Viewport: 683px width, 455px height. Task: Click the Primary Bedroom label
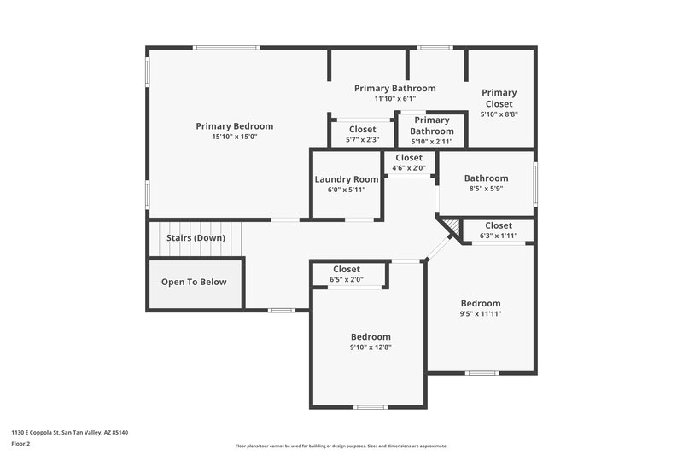(234, 126)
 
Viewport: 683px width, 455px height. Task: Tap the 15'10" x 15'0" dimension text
(234, 137)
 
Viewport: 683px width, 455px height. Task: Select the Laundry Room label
(346, 179)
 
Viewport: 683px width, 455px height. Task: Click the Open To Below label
(194, 282)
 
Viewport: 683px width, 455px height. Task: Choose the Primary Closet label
(499, 98)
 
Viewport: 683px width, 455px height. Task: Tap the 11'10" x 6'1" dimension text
(394, 99)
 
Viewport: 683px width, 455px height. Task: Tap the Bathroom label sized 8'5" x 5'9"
(486, 178)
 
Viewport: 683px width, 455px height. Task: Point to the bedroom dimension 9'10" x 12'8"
(370, 347)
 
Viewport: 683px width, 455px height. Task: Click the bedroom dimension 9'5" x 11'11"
(481, 314)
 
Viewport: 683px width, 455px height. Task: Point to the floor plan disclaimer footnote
(341, 446)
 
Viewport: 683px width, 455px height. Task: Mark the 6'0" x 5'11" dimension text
(346, 190)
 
